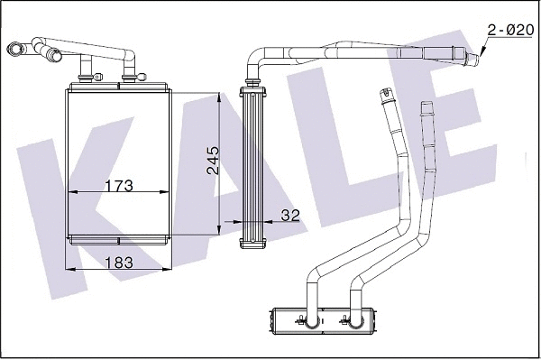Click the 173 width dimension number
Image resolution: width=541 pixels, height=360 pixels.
pyautogui.click(x=119, y=186)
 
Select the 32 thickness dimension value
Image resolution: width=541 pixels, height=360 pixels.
pyautogui.click(x=289, y=216)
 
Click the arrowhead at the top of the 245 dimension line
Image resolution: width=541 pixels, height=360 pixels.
pyautogui.click(x=221, y=94)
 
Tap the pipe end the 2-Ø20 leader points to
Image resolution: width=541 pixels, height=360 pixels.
pyautogui.click(x=475, y=59)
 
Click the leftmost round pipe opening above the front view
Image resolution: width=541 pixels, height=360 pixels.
pyautogui.click(x=14, y=49)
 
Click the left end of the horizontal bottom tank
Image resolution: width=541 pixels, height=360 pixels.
pyautogui.click(x=270, y=318)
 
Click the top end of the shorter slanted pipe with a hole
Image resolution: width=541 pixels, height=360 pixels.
pyautogui.click(x=386, y=92)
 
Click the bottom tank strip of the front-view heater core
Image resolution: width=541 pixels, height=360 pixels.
pyautogui.click(x=119, y=238)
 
